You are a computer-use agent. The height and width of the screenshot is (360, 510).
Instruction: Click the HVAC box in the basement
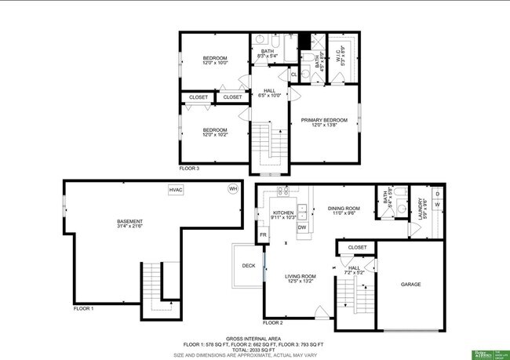pos(176,190)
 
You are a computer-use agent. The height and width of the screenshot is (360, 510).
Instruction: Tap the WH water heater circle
pos(233,189)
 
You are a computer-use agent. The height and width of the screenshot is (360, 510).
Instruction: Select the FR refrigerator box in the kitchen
pos(264,235)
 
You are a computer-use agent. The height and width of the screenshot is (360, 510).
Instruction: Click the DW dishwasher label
pos(302,227)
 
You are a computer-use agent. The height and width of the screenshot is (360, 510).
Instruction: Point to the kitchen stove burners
pos(284,191)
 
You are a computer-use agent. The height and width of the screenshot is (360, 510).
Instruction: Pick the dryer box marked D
pos(438,192)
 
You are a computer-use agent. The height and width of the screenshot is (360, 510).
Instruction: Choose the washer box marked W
pos(438,205)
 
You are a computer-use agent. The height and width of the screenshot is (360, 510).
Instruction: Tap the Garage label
pos(411,284)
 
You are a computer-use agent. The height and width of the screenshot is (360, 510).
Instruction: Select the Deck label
pos(249,266)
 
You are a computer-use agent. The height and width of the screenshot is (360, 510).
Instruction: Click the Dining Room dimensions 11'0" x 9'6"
pos(343,213)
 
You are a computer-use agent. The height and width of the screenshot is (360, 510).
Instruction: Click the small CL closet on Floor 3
pos(293,75)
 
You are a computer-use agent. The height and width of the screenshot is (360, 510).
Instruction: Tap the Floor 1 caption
pos(83,308)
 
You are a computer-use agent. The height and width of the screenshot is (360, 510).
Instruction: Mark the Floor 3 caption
pos(189,168)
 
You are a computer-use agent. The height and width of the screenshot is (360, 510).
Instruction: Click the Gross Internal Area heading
pos(254,338)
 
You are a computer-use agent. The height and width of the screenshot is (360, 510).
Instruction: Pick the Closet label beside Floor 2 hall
pos(357,247)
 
